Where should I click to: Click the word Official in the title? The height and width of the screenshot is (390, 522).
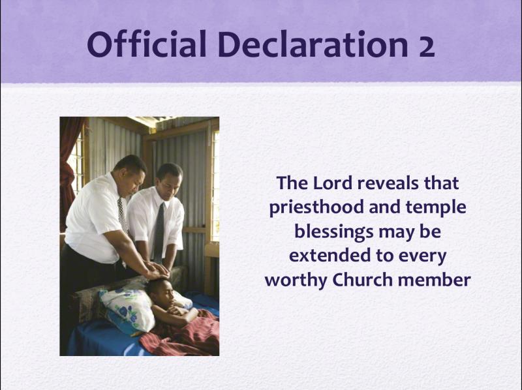[x=147, y=44]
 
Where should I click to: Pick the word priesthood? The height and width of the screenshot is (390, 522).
[x=316, y=208]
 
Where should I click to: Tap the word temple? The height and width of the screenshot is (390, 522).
[x=436, y=208]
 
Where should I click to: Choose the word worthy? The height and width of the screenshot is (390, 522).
[x=296, y=281]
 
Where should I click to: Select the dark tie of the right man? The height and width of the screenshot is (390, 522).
[x=159, y=233]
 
